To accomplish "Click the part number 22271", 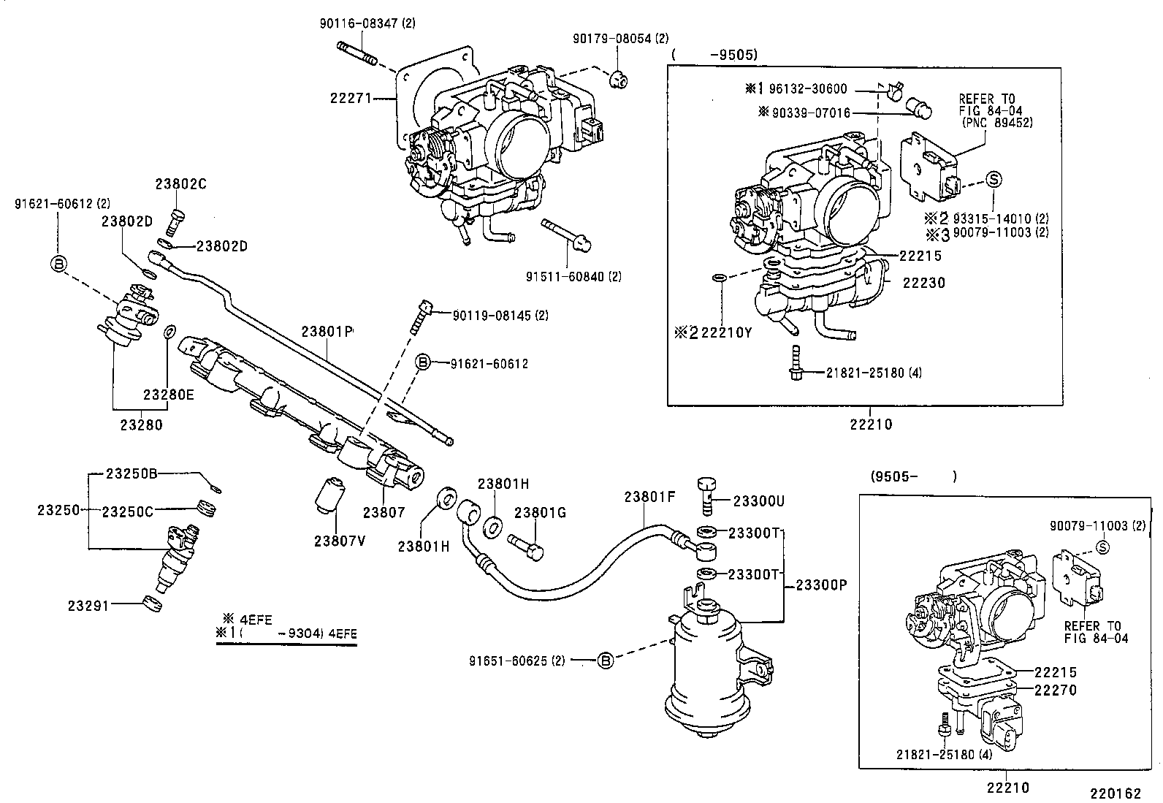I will [354, 98].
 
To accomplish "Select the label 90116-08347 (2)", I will [367, 23].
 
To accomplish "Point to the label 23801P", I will [327, 331].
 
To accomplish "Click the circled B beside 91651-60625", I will [604, 661].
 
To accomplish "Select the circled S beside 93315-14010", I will [994, 178].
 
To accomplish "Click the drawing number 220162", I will [1116, 794].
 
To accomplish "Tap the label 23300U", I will [758, 501].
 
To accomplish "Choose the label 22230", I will [923, 283].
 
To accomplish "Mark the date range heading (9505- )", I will [913, 476].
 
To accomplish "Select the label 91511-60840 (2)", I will [573, 276].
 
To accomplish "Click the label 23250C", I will [127, 511].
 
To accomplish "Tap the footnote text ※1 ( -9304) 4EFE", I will [286, 633].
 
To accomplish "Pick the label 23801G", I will [540, 513].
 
